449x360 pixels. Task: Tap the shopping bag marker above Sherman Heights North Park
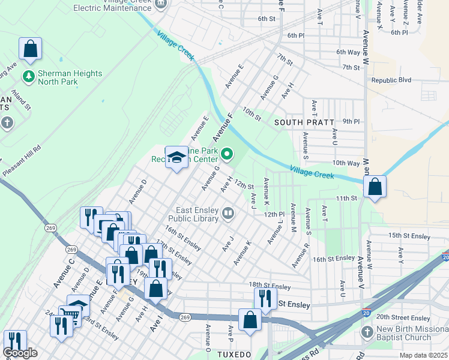click(30, 49)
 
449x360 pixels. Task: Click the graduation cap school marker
click(176, 157)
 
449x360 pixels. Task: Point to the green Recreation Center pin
click(227, 155)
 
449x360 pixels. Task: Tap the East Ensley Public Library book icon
click(228, 213)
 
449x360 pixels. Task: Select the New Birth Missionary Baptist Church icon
click(367, 332)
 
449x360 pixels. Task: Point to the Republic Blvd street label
click(391, 80)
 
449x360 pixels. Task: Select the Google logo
click(20, 353)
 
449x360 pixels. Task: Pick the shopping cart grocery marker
click(70, 314)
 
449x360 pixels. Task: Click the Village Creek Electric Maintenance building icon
click(160, 5)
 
